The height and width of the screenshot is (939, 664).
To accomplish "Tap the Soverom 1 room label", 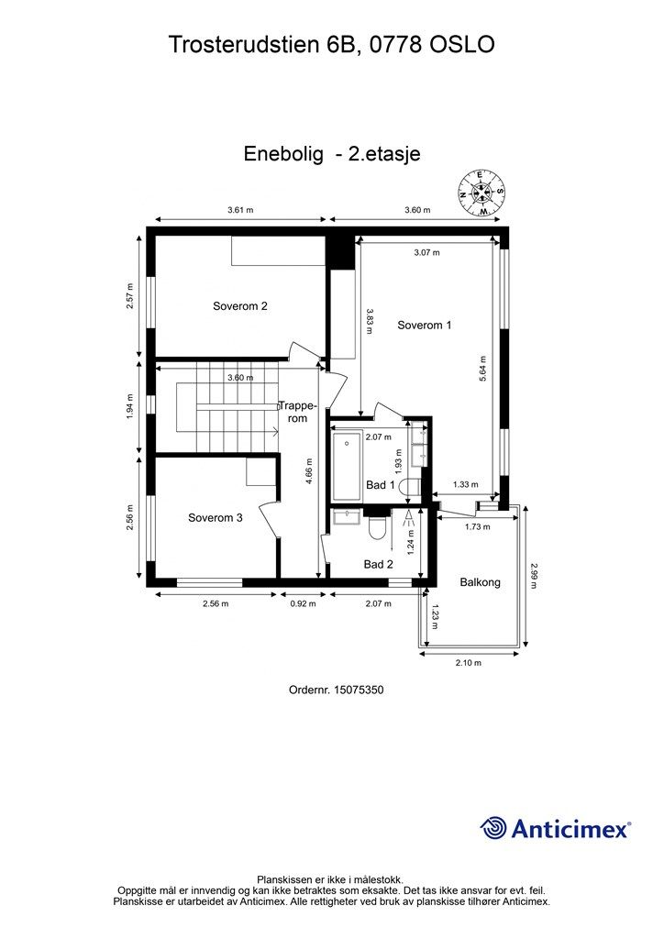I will coord(424,325).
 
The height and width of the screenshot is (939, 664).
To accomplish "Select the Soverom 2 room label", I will coord(240,306).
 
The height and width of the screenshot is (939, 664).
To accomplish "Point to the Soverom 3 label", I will coord(216,517).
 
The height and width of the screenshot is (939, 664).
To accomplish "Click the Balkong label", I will coord(481,581).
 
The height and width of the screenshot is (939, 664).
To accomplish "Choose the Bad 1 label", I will coord(379,484).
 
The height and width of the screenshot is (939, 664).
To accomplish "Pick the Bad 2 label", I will coord(378,564).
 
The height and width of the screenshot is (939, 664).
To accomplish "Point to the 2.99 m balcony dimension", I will coord(534,576).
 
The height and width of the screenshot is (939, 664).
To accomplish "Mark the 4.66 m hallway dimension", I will coord(309,476).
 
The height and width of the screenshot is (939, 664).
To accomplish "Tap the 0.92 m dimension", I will coord(303,603).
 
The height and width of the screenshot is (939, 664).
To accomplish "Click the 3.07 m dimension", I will coord(426,252).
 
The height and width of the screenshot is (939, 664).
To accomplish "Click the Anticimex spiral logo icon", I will coord(494,828).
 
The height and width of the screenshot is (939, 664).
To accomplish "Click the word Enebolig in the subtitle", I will coord(283,154).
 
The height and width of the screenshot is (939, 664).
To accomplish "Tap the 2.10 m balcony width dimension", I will coord(468,662).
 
